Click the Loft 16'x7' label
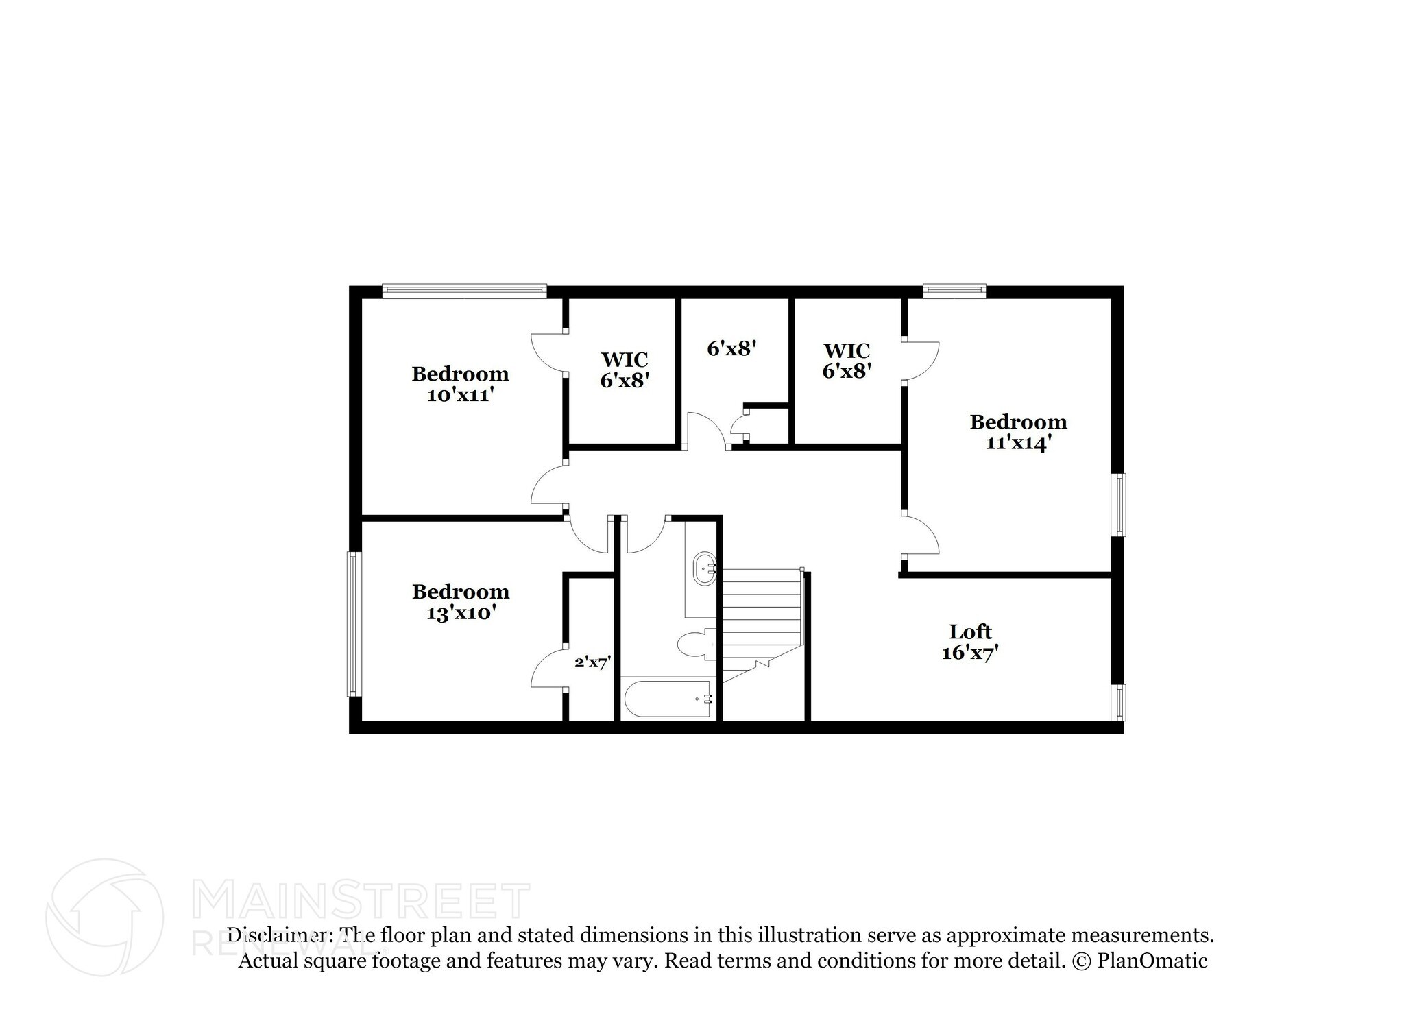pyautogui.click(x=970, y=642)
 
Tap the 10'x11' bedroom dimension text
pyautogui.click(x=460, y=396)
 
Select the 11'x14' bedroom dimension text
pyautogui.click(x=1018, y=444)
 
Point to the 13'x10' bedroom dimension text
pyautogui.click(x=461, y=613)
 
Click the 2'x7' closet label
pyautogui.click(x=592, y=662)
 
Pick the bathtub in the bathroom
pyautogui.click(x=668, y=699)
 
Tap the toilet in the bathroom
pyautogui.click(x=695, y=645)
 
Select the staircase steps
pyautogui.click(x=762, y=610)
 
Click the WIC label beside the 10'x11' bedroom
pyautogui.click(x=625, y=359)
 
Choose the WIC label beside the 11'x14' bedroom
pyautogui.click(x=847, y=350)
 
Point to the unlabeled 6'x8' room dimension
pyautogui.click(x=731, y=349)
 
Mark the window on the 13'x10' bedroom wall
pyautogui.click(x=354, y=624)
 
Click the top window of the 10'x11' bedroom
pyautogui.click(x=464, y=291)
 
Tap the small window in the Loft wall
pyautogui.click(x=1118, y=702)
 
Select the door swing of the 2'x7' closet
pyautogui.click(x=548, y=669)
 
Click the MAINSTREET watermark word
pyautogui.click(x=361, y=901)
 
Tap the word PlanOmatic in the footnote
pyautogui.click(x=1152, y=961)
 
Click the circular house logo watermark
pyautogui.click(x=104, y=917)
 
